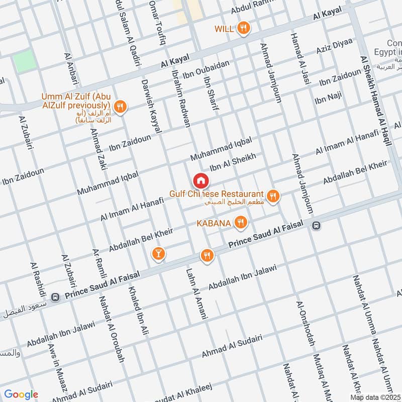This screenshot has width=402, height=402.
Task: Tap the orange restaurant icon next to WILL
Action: pos(244,29)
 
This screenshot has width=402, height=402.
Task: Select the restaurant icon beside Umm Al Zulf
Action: pos(120,106)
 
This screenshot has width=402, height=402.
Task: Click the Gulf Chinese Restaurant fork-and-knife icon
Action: pos(273,196)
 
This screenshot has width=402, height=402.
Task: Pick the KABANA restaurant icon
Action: pos(241,222)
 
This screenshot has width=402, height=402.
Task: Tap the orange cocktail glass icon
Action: pos(158,254)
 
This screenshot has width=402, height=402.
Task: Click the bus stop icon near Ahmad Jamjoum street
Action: pos(316,225)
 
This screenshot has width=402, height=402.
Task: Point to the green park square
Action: pos(25,61)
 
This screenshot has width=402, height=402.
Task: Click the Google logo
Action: pos(21,394)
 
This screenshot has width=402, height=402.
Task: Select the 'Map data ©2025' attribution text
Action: pos(374,397)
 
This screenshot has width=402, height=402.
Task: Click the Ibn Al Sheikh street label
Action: pos(233,162)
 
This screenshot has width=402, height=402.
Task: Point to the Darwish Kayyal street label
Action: pos(152,106)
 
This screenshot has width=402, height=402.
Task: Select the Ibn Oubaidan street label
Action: pos(206,69)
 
